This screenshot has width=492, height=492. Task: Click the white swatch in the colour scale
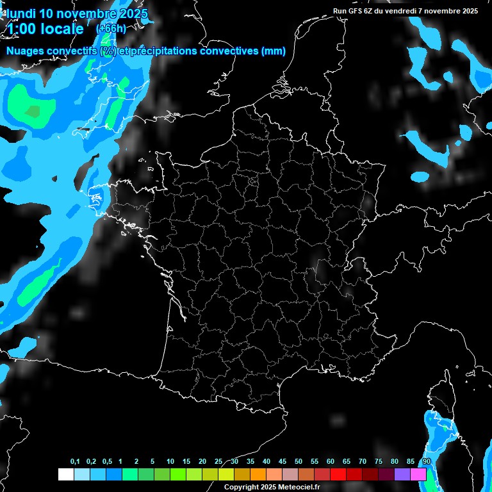(65, 474)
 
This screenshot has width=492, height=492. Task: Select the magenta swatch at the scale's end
(418, 474)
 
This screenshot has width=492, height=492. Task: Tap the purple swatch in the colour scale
(402, 474)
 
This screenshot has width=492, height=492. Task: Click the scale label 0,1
(75, 462)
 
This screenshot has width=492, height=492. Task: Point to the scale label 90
(426, 462)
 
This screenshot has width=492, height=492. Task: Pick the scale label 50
(299, 462)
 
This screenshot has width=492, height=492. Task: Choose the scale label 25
(218, 462)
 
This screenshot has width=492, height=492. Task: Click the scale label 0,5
(107, 462)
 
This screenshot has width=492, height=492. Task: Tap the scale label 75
(378, 462)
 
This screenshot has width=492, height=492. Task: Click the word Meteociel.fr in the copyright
(299, 487)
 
